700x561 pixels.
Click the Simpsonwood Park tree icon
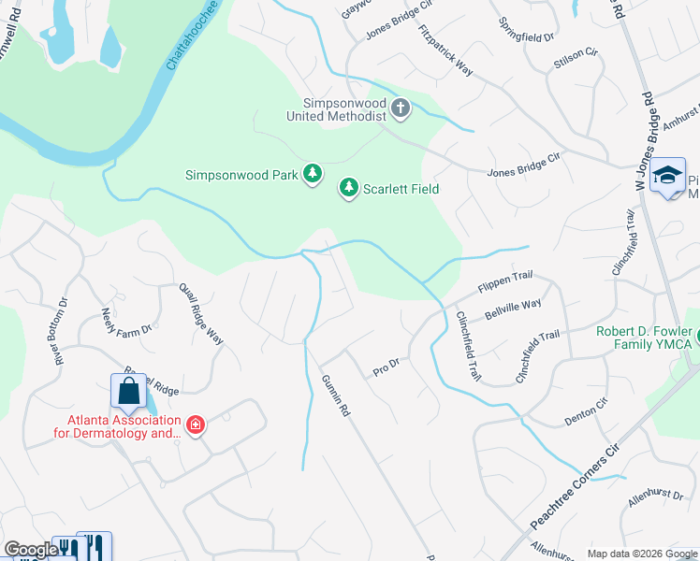[313, 174]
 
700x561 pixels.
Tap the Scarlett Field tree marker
[349, 189]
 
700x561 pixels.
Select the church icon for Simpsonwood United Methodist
[401, 108]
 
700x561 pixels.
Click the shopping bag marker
[127, 393]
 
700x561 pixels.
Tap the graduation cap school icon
[668, 176]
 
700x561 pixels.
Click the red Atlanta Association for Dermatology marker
[195, 426]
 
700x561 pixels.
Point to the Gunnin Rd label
[335, 396]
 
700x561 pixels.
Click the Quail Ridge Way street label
[202, 313]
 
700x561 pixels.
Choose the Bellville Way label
[514, 305]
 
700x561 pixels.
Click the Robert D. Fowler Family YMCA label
[644, 338]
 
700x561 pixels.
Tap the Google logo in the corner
[30, 550]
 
